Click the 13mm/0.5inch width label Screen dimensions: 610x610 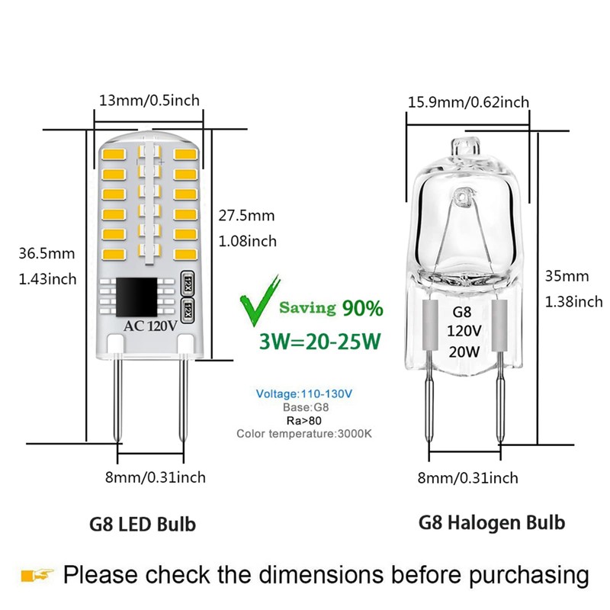149,101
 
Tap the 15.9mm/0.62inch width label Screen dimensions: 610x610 468,102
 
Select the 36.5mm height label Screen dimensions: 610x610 47,254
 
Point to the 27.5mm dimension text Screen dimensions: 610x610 246,216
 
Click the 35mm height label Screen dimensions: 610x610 567,276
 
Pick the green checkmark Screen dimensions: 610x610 259,300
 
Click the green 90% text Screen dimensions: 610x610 363,308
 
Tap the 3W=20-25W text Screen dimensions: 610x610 319,342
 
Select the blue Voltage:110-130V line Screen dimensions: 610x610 303,393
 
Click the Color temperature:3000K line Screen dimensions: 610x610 303,433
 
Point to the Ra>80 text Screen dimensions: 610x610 303,421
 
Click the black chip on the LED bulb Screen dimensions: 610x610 136,297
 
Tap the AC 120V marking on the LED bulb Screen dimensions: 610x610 150,326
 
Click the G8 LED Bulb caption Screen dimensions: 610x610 143,524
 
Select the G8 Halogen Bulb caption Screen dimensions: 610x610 492,522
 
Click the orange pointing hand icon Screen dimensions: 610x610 37,575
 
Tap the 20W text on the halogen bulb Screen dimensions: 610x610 464,352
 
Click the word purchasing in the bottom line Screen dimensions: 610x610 528,576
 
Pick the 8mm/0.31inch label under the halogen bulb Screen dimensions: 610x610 467,478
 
